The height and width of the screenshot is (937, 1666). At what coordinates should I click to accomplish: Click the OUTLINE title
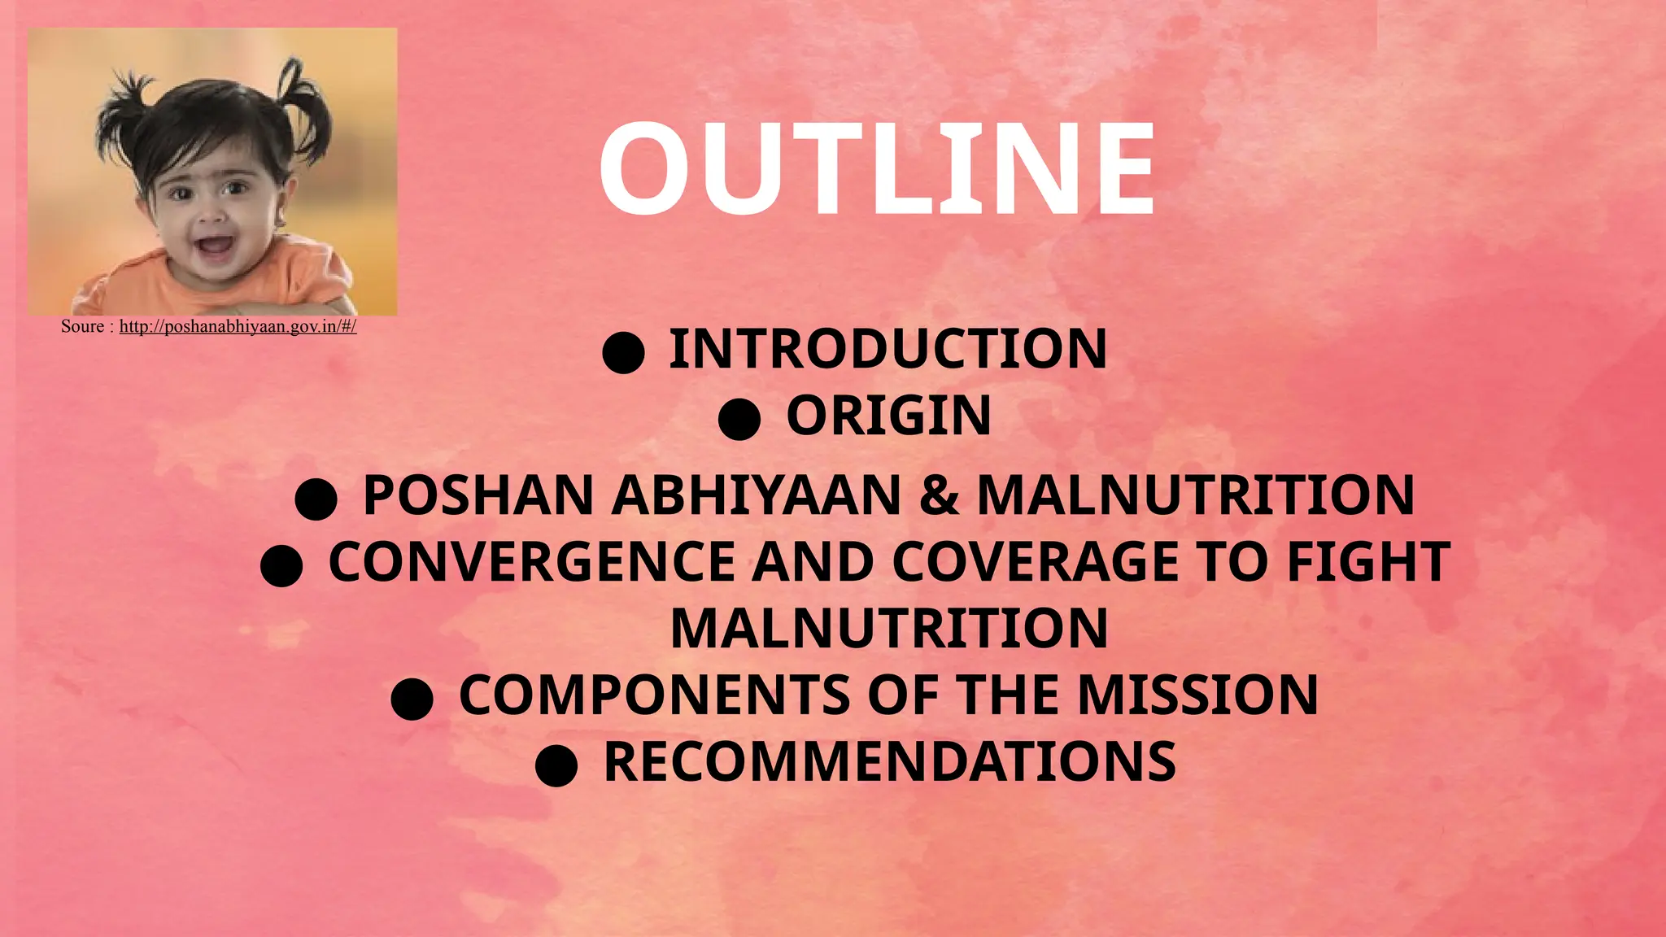pyautogui.click(x=876, y=168)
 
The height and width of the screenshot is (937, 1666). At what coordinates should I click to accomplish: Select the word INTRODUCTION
pyautogui.click(x=888, y=349)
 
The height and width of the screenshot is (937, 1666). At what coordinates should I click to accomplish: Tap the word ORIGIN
pyautogui.click(x=888, y=416)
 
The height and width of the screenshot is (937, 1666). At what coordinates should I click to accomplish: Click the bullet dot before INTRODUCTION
pyautogui.click(x=624, y=352)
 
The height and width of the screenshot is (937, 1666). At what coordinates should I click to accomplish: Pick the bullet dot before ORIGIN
pyautogui.click(x=739, y=419)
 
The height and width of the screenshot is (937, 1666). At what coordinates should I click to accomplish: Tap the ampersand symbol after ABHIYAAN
pyautogui.click(x=939, y=495)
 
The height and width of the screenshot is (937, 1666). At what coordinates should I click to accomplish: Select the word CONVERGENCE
pyautogui.click(x=532, y=562)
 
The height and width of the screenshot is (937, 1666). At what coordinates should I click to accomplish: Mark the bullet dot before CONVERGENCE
pyautogui.click(x=281, y=565)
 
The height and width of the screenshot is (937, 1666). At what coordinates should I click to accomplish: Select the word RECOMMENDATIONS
pyautogui.click(x=889, y=762)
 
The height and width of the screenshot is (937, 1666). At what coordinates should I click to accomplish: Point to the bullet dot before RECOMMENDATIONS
pyautogui.click(x=556, y=765)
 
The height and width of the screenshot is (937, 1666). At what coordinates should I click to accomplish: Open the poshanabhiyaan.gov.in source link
pyautogui.click(x=238, y=327)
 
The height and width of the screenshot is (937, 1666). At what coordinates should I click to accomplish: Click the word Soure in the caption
pyautogui.click(x=82, y=327)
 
